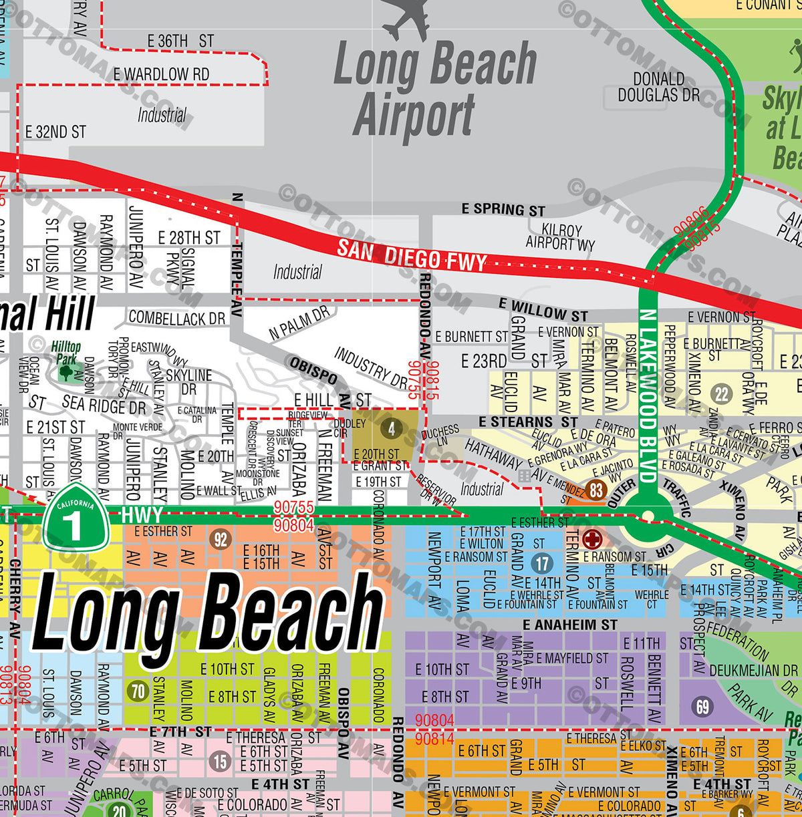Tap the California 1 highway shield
click(x=76, y=517)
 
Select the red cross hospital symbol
click(x=592, y=539)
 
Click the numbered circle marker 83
click(x=596, y=490)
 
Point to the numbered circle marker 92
click(x=220, y=539)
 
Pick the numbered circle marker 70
click(x=138, y=691)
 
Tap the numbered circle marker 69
click(x=702, y=706)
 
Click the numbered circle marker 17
click(x=542, y=563)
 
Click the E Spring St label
click(x=503, y=209)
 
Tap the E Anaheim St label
click(x=570, y=625)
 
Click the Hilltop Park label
click(x=65, y=353)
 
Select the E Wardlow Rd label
click(x=161, y=74)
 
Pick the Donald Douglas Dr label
click(x=659, y=87)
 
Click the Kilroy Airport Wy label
click(x=561, y=236)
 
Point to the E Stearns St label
click(x=528, y=422)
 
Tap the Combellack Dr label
click(x=177, y=318)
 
